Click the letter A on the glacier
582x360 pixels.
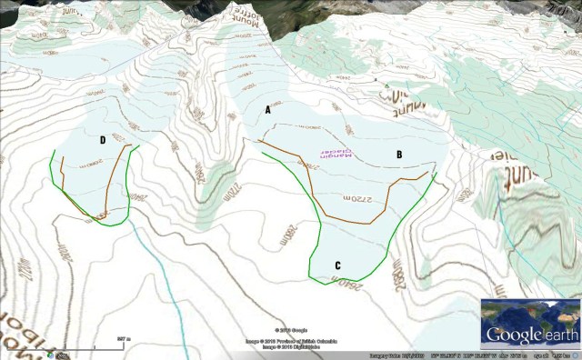[x=267, y=109]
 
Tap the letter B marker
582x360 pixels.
[x=398, y=155]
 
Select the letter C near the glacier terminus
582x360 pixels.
[x=338, y=265]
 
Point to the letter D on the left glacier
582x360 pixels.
[x=103, y=140]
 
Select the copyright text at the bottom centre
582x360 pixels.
[x=291, y=338]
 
